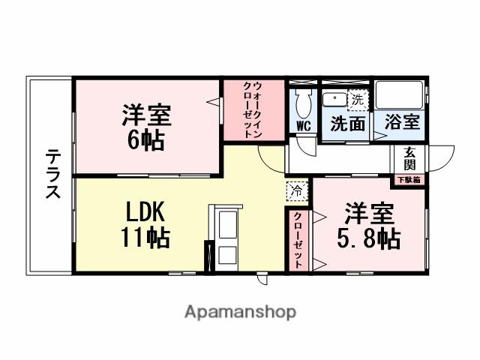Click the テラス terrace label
52,174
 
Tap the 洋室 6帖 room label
147,127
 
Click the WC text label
304,125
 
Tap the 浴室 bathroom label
402,122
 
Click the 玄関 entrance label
409,158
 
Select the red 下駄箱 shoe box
409,179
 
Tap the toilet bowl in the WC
304,101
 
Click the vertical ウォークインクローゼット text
253,110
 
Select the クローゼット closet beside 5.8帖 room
298,241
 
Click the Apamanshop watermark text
240,311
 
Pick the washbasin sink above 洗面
334,98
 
